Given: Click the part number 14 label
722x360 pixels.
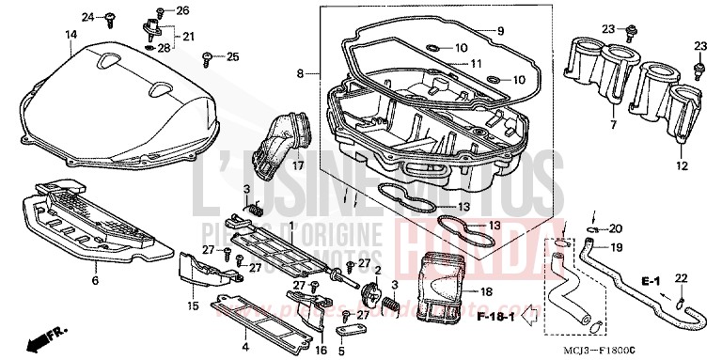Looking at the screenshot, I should pos(70,35).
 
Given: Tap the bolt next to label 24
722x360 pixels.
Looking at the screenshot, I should pos(111,17).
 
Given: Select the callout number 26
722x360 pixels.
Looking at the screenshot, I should pos(182,10).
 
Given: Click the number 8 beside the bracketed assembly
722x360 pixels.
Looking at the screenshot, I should pos(301,72).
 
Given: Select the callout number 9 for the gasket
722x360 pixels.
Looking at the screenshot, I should pos(500,31).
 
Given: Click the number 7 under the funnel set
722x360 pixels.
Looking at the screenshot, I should pos(612,124).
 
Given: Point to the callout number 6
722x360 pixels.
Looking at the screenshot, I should pos(94,280).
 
